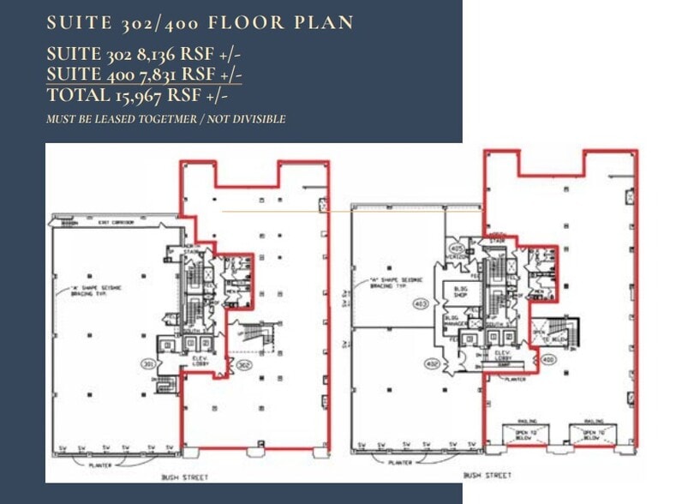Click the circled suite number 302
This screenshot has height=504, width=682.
[243, 363]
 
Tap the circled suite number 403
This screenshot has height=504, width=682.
[421, 303]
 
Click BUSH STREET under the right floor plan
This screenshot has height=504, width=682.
[488, 475]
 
